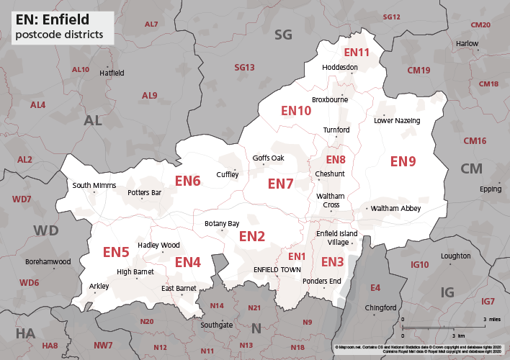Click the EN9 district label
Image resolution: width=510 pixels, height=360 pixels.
point(403,161)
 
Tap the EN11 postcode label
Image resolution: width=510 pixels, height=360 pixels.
point(356,53)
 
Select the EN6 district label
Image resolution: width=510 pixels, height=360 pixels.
point(187,181)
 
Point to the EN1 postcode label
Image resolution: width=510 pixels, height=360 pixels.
point(297,257)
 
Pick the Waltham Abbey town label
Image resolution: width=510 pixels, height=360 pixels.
point(395,208)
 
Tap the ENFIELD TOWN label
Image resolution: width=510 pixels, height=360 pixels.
point(277,269)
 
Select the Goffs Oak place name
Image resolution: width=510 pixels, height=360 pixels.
point(269,158)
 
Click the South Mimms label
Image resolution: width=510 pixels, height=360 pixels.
point(94,186)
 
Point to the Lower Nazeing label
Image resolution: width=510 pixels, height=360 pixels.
point(397,121)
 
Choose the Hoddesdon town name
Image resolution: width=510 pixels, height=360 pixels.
point(340,67)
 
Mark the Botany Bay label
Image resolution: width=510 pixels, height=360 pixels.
point(222,224)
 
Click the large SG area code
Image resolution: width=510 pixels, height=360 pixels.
point(284,34)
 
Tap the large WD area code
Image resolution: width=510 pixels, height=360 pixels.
point(46,230)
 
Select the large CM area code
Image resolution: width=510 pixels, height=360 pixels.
point(471,168)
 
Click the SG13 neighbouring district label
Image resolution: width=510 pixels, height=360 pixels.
point(245,68)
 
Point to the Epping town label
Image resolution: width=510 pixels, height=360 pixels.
point(490,189)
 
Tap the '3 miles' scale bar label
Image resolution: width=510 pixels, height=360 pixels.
point(491,318)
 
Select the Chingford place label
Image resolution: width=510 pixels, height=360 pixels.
point(381,307)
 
